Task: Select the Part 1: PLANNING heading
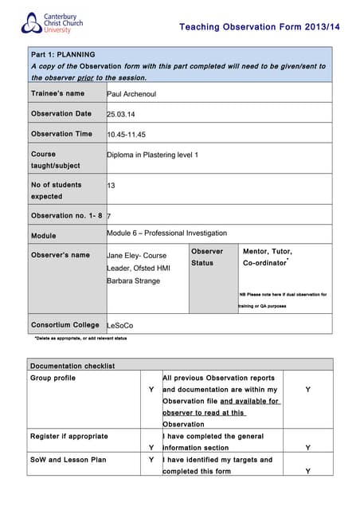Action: pyautogui.click(x=63, y=53)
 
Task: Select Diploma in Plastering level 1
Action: pyautogui.click(x=153, y=154)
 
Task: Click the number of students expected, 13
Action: pyautogui.click(x=111, y=185)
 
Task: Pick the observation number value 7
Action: pyautogui.click(x=108, y=216)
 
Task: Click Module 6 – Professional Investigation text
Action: pyautogui.click(x=166, y=233)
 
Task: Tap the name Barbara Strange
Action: pyautogui.click(x=133, y=280)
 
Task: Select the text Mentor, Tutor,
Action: pyautogui.click(x=267, y=251)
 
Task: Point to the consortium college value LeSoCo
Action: pyautogui.click(x=120, y=325)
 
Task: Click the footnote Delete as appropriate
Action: pyautogui.click(x=79, y=339)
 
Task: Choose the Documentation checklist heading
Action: pyautogui.click(x=72, y=366)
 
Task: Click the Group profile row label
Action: pyautogui.click(x=53, y=378)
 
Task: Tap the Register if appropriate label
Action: pyautogui.click(x=68, y=436)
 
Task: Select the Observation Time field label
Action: pyautogui.click(x=61, y=134)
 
